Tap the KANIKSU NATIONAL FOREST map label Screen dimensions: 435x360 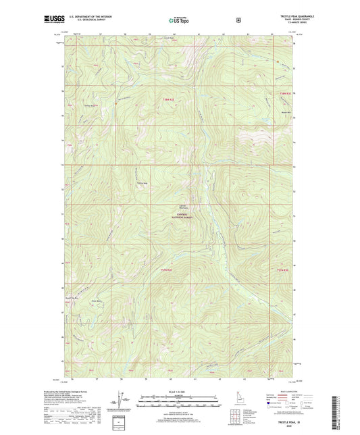182,217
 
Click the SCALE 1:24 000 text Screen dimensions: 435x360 179,392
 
